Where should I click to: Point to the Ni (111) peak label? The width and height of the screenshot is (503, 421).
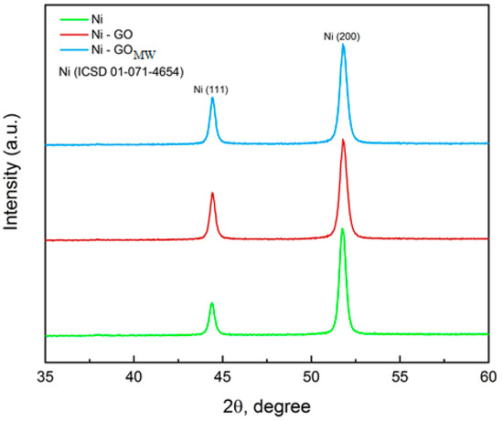(x=212, y=89)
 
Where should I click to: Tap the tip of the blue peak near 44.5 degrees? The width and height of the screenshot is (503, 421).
(x=212, y=99)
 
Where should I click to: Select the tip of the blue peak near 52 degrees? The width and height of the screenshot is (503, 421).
(x=343, y=45)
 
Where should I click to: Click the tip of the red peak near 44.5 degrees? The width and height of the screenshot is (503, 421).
(x=212, y=194)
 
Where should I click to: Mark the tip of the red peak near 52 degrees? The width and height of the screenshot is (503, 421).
(x=343, y=140)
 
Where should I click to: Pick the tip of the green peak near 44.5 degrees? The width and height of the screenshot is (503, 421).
(x=212, y=303)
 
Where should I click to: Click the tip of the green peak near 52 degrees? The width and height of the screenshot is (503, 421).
(x=343, y=228)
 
